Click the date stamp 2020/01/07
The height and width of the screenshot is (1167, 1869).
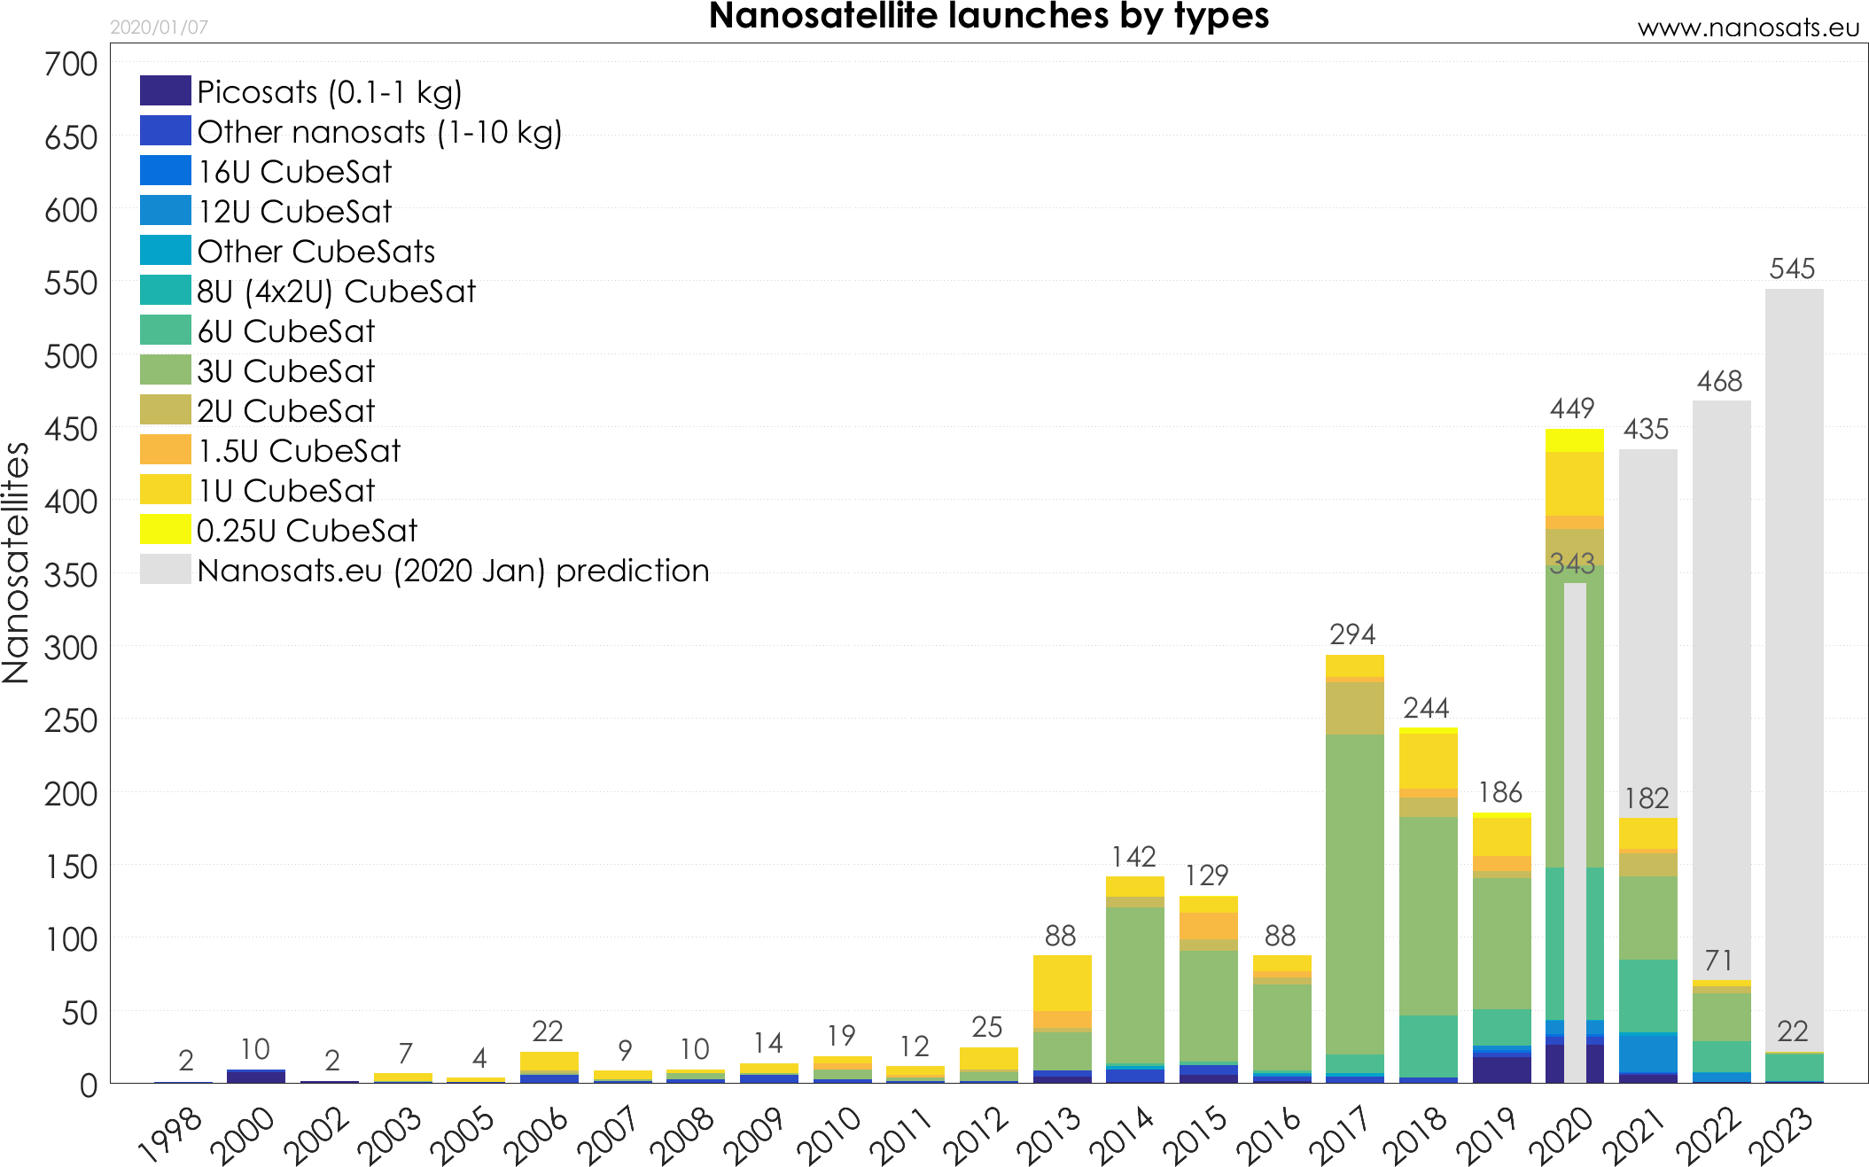coord(159,27)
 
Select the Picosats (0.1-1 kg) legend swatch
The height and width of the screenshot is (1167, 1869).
coord(165,91)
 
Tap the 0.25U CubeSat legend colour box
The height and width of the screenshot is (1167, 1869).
coord(165,529)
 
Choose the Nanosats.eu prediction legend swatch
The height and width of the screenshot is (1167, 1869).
coord(165,569)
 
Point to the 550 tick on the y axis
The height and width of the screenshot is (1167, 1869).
coord(71,284)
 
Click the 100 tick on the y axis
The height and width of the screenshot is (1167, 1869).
coord(71,939)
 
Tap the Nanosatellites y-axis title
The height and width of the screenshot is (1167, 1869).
coord(16,564)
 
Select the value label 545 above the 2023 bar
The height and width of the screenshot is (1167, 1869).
coord(1792,268)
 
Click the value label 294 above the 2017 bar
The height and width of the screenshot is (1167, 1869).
coord(1352,634)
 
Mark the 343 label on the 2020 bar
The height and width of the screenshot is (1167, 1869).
coord(1572,564)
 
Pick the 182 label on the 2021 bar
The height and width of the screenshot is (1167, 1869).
coord(1647,798)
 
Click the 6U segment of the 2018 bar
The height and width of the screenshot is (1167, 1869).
coord(1428,1046)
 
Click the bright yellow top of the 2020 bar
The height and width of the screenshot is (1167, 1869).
coord(1574,440)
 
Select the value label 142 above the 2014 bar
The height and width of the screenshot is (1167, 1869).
coord(1133,857)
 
